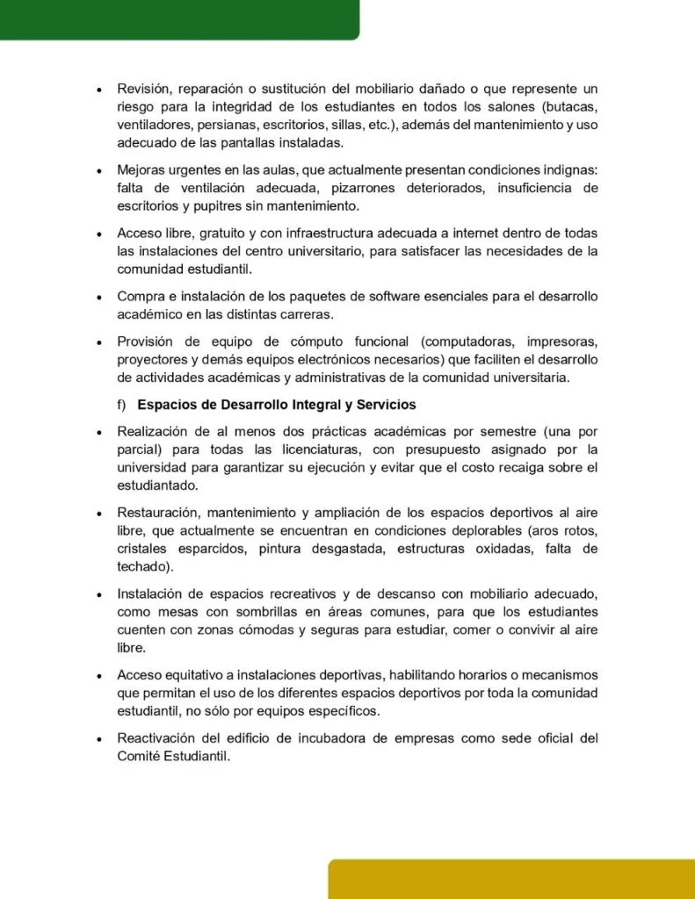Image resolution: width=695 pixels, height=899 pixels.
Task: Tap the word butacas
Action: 570,107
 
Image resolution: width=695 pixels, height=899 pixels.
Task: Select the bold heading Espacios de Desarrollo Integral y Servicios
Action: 276,405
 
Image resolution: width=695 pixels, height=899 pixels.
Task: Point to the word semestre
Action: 489,432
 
